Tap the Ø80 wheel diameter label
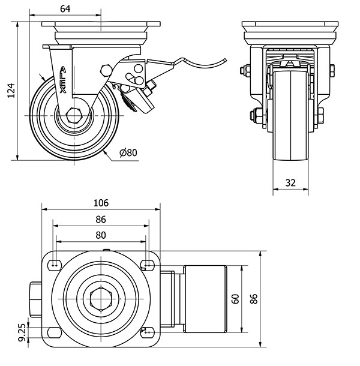tap(128, 152)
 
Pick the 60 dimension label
tap(236, 298)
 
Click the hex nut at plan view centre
tap(100, 298)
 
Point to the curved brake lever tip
tap(223, 59)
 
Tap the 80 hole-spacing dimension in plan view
tap(101, 235)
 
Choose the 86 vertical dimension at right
tap(254, 298)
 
